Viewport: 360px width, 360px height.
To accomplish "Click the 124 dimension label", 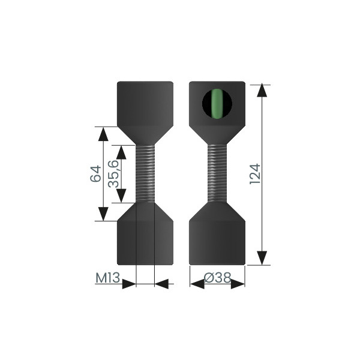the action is [255, 173].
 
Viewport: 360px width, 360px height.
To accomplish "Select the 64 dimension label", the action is [95, 173].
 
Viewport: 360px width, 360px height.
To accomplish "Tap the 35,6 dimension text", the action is [113, 174].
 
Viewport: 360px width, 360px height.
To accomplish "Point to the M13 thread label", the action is [107, 278].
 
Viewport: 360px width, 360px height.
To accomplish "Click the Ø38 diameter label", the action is [217, 278].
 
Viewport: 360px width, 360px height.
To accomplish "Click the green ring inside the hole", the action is [217, 104].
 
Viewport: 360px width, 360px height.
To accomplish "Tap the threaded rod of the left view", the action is [145, 173].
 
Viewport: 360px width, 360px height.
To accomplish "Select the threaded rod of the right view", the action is [217, 173].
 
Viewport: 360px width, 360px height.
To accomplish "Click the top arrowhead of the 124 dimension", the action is [262, 91].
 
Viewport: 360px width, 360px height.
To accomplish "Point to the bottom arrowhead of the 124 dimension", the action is [262, 258].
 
